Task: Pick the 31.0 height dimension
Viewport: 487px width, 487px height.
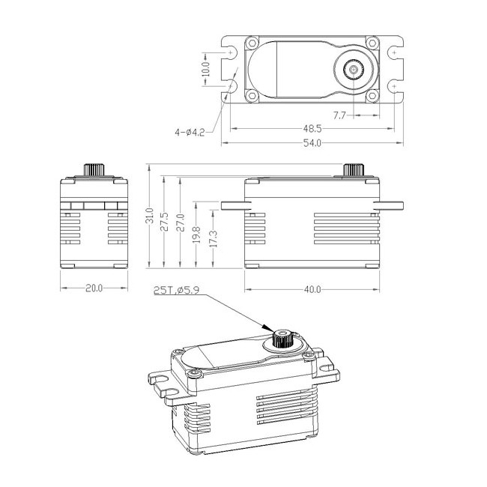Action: click(151, 217)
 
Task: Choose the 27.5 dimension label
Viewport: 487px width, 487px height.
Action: click(165, 221)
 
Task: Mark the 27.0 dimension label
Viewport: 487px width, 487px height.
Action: click(180, 222)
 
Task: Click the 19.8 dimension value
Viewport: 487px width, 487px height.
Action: click(196, 234)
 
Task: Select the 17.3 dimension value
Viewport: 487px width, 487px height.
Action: click(214, 238)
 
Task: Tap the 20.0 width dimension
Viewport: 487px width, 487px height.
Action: click(94, 288)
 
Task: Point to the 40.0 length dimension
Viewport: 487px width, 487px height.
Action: click(312, 288)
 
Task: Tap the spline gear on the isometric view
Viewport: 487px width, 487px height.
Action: click(283, 337)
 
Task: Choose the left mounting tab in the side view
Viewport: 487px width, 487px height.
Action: click(233, 205)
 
